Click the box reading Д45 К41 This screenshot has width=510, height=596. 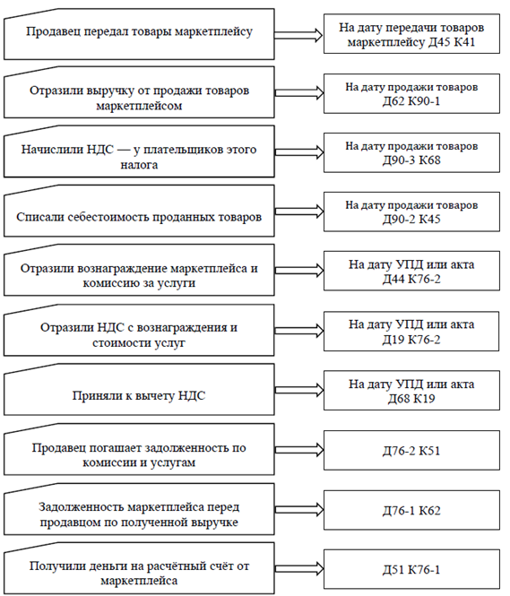(x=411, y=34)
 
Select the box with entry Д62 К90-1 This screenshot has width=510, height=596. (x=411, y=93)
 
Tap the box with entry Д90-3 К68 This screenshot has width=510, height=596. (x=411, y=152)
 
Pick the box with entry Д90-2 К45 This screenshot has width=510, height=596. (x=411, y=212)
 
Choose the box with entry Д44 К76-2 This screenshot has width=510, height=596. (x=411, y=271)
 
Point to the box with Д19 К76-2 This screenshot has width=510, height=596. (x=411, y=331)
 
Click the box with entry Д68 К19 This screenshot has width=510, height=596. (x=411, y=391)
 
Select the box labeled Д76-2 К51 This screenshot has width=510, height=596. (x=411, y=450)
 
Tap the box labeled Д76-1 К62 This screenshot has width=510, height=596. (x=411, y=510)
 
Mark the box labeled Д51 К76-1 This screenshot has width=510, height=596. (x=411, y=569)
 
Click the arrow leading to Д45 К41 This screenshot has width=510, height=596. (x=298, y=35)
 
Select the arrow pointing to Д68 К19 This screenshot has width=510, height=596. (x=299, y=390)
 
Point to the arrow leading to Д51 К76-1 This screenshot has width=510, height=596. (x=299, y=568)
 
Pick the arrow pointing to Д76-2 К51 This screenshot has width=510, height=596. (x=299, y=450)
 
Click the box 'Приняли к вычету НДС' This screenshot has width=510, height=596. (x=139, y=390)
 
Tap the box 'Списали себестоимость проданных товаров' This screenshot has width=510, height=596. (x=139, y=211)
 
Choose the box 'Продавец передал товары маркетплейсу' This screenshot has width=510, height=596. (x=139, y=34)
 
